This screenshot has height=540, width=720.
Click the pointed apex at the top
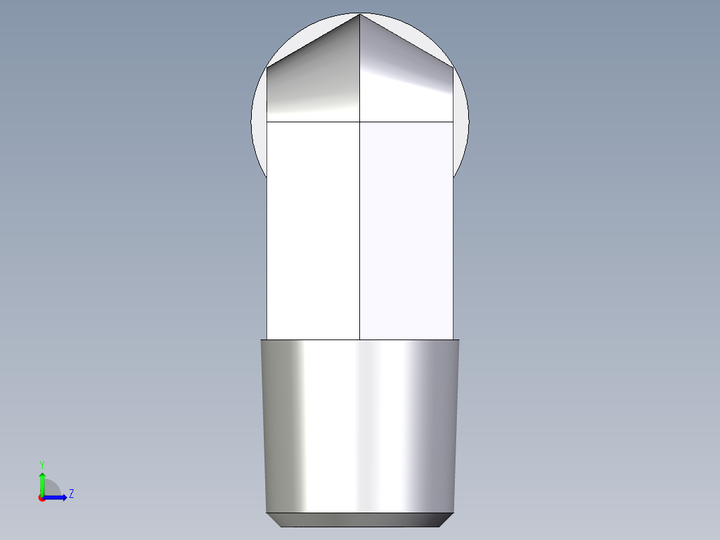360,14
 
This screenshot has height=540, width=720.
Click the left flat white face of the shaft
313,231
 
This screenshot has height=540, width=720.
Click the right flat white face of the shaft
406,231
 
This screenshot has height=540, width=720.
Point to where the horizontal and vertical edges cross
360,122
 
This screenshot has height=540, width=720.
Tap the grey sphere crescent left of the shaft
258,127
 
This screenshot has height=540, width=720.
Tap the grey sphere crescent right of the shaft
462,127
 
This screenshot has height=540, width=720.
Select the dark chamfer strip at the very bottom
359,519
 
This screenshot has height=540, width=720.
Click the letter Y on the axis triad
42,464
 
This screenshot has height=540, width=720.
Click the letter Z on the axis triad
71,494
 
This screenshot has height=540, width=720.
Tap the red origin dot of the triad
42,498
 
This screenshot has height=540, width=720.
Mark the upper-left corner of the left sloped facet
267,67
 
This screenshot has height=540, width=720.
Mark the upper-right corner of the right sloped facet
454,67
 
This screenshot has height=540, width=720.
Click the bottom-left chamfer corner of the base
280,526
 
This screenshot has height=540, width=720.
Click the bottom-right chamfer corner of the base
440,526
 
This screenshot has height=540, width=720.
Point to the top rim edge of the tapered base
359,340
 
